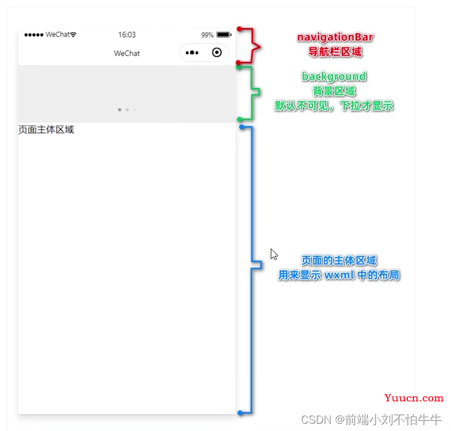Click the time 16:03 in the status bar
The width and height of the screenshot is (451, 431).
127,35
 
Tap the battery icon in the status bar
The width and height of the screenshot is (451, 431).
224,35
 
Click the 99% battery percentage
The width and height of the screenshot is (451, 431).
207,35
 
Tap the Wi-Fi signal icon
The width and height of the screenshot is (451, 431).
73,35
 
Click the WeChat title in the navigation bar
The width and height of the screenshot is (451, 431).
127,53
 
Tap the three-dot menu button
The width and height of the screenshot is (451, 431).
192,53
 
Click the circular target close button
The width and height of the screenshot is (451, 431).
217,52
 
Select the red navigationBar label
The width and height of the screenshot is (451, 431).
335,38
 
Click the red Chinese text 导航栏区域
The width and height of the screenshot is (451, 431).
335,52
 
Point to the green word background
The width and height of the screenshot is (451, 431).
334,77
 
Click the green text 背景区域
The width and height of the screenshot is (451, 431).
334,92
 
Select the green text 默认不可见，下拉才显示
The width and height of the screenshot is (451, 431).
334,105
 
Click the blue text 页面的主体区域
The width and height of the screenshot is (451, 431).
339,261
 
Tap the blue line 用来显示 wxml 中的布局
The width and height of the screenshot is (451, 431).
339,275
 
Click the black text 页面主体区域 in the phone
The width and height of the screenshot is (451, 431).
46,130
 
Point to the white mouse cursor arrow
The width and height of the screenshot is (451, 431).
274,254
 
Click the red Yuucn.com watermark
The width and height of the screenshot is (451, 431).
413,398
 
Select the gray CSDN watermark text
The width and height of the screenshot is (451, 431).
371,420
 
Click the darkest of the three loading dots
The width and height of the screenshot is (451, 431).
120,110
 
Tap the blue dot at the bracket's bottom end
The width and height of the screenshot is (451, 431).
240,413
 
